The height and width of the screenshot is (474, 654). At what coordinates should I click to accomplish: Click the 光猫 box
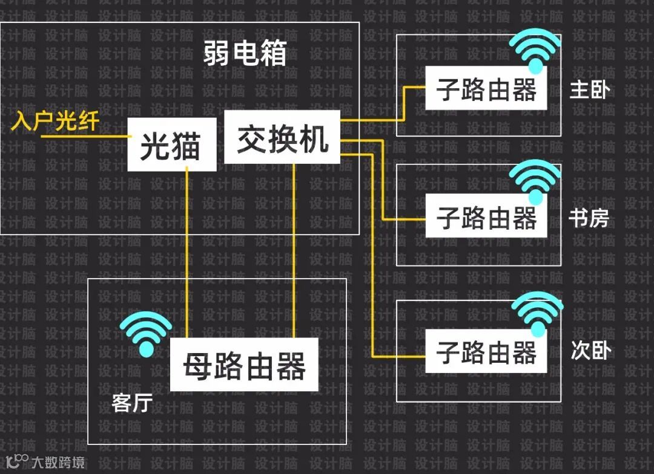[171, 144]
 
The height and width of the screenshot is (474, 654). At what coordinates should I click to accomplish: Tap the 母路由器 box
[244, 365]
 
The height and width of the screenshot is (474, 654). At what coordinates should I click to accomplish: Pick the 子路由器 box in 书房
[486, 216]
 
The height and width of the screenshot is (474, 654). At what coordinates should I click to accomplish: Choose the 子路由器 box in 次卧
[486, 351]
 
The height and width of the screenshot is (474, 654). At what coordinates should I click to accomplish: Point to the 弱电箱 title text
[245, 55]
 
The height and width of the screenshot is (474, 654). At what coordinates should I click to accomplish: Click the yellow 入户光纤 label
[55, 123]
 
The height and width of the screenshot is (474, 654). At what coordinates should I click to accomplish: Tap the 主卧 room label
[589, 90]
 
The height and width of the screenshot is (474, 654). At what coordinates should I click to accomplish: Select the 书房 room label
[589, 218]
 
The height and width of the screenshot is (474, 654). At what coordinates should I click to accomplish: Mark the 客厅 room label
[131, 403]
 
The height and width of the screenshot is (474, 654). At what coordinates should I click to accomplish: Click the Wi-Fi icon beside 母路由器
[146, 333]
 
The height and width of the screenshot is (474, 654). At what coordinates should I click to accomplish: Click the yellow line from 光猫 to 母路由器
[187, 254]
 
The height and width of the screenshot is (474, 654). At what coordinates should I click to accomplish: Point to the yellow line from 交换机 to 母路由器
[294, 254]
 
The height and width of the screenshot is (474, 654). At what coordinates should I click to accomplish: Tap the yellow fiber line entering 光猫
[85, 137]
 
